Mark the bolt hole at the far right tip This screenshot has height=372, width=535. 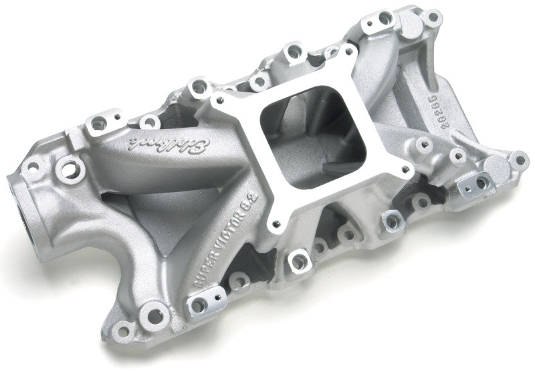pyautogui.click(x=518, y=160)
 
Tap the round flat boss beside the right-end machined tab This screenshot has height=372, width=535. pyautogui.click(x=496, y=167)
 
